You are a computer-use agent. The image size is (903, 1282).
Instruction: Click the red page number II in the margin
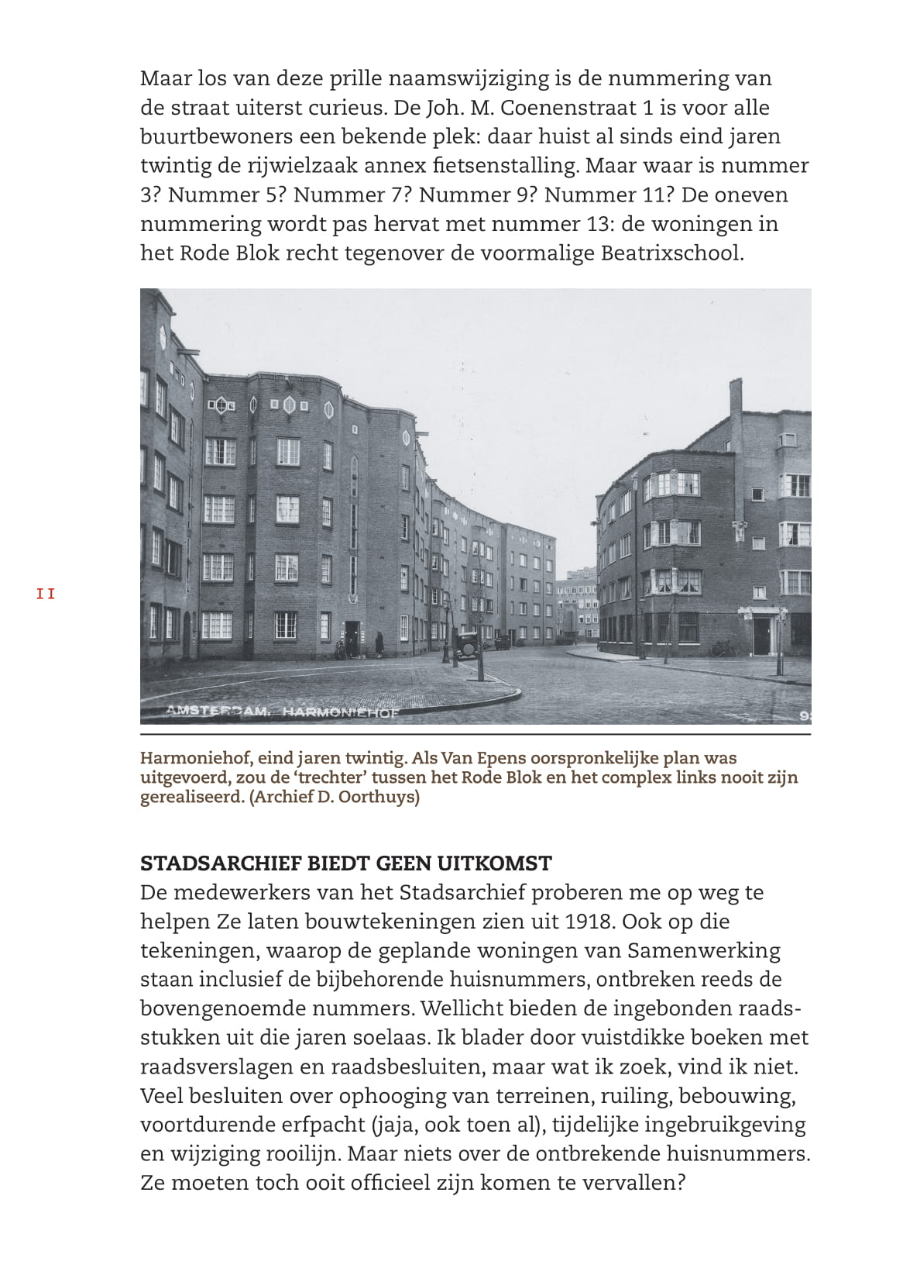46,594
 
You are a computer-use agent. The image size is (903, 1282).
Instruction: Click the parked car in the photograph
467,645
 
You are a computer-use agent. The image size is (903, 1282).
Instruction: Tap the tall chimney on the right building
735,412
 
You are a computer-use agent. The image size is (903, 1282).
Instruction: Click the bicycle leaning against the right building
723,649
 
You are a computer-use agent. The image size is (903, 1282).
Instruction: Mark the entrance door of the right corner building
762,636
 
